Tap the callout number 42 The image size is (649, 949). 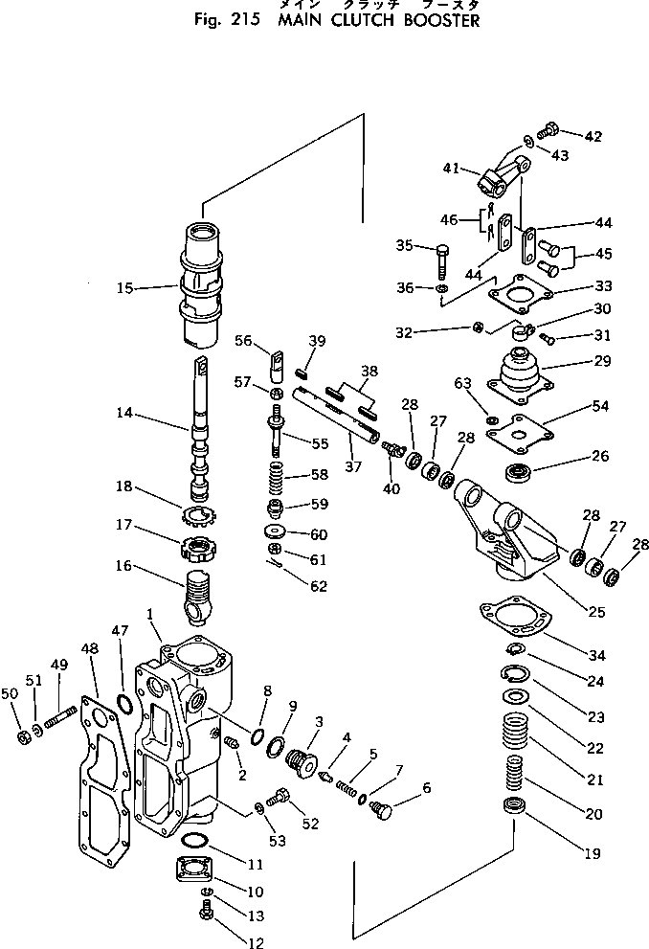[x=593, y=137]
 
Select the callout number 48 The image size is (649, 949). [x=90, y=649]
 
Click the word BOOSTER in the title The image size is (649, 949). [x=431, y=20]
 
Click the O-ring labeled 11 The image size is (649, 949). [x=193, y=841]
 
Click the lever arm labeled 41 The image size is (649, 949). [x=505, y=174]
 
